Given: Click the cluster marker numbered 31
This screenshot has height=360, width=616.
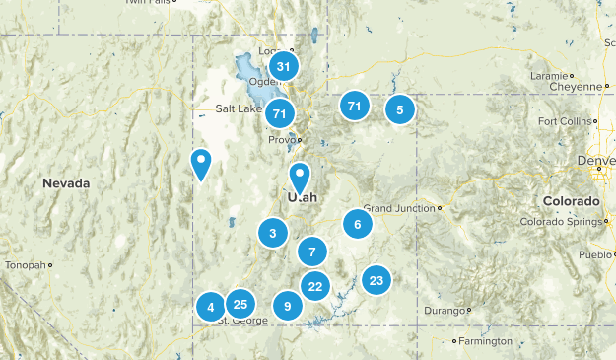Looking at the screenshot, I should tap(284, 67).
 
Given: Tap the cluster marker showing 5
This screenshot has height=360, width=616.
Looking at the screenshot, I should tap(400, 110).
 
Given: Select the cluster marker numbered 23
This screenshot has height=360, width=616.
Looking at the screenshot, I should tap(376, 281).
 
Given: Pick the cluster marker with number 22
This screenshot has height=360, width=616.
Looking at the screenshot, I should tap(314, 287).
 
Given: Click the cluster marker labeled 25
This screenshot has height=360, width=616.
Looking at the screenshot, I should tap(240, 304).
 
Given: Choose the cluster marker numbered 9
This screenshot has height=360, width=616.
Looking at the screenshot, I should tap(287, 307).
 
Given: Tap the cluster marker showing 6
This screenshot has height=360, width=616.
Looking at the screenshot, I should tap(358, 224).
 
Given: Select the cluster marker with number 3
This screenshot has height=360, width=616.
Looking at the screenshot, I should tap(272, 234).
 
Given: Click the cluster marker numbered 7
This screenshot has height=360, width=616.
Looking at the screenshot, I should tap(311, 251).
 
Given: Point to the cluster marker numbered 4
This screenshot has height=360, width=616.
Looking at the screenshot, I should tap(210, 308).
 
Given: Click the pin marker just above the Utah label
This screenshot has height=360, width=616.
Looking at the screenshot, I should tap(300, 178).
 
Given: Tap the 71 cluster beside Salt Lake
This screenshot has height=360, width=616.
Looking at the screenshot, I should tap(281, 113).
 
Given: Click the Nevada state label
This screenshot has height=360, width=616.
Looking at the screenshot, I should tap(66, 183).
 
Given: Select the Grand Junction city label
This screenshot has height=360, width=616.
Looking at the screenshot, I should tap(399, 208).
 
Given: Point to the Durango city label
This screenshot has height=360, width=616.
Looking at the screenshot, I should tap(442, 311).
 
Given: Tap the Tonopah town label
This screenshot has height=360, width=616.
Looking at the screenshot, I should tap(24, 265).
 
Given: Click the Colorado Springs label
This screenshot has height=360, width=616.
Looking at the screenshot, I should tap(559, 222).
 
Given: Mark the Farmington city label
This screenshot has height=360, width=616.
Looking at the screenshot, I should tap(485, 341).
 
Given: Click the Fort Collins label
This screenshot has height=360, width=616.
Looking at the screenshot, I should tap(567, 121).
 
